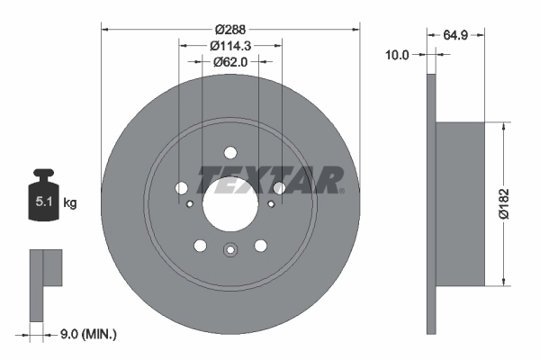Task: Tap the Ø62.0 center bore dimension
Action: pos(230,61)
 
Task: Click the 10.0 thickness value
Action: pos(397,55)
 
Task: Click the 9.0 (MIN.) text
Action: pos(88,335)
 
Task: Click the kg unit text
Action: pos(70,203)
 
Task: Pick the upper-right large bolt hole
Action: pos(280,188)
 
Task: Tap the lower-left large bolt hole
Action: pos(200,246)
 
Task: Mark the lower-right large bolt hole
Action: pos(261,246)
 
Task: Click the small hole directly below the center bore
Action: pos(230,250)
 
